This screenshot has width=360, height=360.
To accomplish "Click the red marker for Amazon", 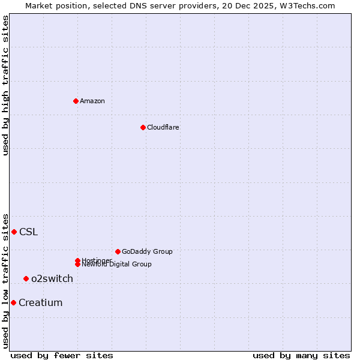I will [x=76, y=101].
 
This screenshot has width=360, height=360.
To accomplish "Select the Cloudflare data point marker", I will [x=143, y=127].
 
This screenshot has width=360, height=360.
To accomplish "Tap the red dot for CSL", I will [x=14, y=232].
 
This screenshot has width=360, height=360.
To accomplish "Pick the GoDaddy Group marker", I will [x=118, y=251].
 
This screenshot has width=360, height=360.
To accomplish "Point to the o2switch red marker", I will [x=26, y=278].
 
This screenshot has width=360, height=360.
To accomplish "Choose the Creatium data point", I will [x=13, y=302].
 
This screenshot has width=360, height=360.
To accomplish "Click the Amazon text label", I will [x=92, y=101].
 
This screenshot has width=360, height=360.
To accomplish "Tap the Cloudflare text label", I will [x=163, y=127].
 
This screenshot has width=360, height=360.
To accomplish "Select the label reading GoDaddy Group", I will [x=147, y=251].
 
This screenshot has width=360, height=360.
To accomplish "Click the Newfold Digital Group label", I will [x=116, y=265].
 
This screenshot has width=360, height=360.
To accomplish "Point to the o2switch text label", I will [x=52, y=278].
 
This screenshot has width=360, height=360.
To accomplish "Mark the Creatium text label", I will [x=40, y=302].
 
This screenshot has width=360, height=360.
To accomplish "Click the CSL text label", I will [x=28, y=232].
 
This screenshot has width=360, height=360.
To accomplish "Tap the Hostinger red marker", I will [x=77, y=260].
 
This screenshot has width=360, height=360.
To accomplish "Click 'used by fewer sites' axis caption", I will [x=62, y=355].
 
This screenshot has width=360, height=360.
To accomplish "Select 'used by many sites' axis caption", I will [x=301, y=355].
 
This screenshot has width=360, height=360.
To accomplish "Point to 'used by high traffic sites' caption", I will [x=5, y=85].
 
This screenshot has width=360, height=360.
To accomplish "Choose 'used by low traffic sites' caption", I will [x=5, y=280].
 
